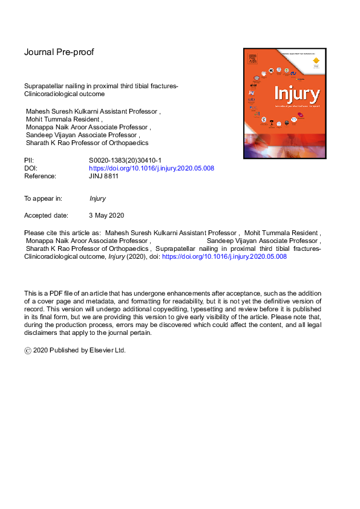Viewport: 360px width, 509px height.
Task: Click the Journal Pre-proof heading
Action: tap(59, 52)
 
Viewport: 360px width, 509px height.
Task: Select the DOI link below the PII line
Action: tap(151, 168)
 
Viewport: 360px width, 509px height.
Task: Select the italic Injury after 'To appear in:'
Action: tap(97, 198)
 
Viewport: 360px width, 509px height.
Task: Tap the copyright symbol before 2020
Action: tap(27, 350)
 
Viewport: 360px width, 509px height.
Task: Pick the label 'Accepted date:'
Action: tap(46, 215)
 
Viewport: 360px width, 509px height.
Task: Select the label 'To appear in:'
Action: tap(44, 198)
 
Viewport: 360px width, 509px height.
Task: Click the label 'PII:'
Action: tap(29, 160)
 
